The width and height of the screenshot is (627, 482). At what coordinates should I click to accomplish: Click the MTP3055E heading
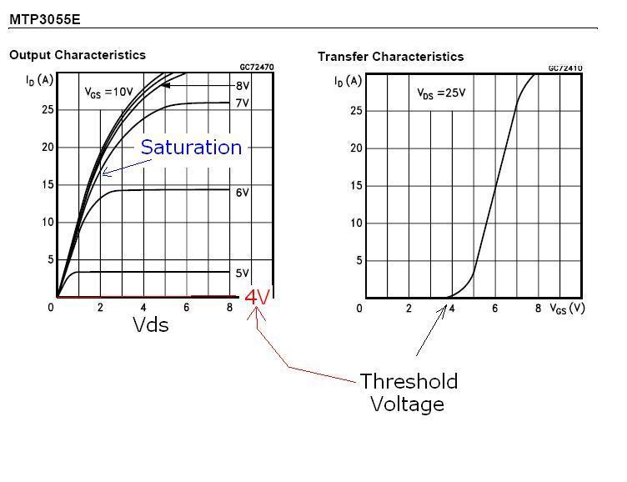[45, 18]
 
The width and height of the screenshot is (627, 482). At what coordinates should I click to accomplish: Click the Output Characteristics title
[78, 55]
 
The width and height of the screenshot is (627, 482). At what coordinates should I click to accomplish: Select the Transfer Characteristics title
[390, 57]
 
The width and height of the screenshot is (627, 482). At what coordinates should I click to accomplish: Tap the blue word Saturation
[191, 148]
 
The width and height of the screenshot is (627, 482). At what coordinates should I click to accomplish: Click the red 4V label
[258, 296]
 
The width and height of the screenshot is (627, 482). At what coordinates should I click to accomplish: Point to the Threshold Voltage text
[409, 393]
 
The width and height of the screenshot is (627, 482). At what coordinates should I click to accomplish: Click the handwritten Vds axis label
[151, 325]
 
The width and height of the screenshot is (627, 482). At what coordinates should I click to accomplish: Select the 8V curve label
[243, 86]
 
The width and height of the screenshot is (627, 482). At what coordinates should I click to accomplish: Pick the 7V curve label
[243, 103]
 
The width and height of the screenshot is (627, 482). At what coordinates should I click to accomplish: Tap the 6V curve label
[243, 193]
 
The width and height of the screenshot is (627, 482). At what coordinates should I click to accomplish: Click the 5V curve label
[243, 274]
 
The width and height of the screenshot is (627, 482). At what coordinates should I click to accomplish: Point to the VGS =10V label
[108, 93]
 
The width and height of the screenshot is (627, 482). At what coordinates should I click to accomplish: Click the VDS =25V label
[441, 93]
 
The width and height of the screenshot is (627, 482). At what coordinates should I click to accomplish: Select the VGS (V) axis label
[567, 308]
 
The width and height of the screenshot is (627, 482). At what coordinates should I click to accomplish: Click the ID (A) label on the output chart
[39, 80]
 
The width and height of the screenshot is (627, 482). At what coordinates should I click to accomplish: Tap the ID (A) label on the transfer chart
[348, 81]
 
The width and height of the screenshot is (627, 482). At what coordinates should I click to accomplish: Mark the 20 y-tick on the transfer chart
[356, 148]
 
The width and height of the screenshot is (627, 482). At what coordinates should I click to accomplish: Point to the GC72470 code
[256, 67]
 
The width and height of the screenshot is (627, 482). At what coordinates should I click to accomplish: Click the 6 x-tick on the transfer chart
[494, 309]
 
